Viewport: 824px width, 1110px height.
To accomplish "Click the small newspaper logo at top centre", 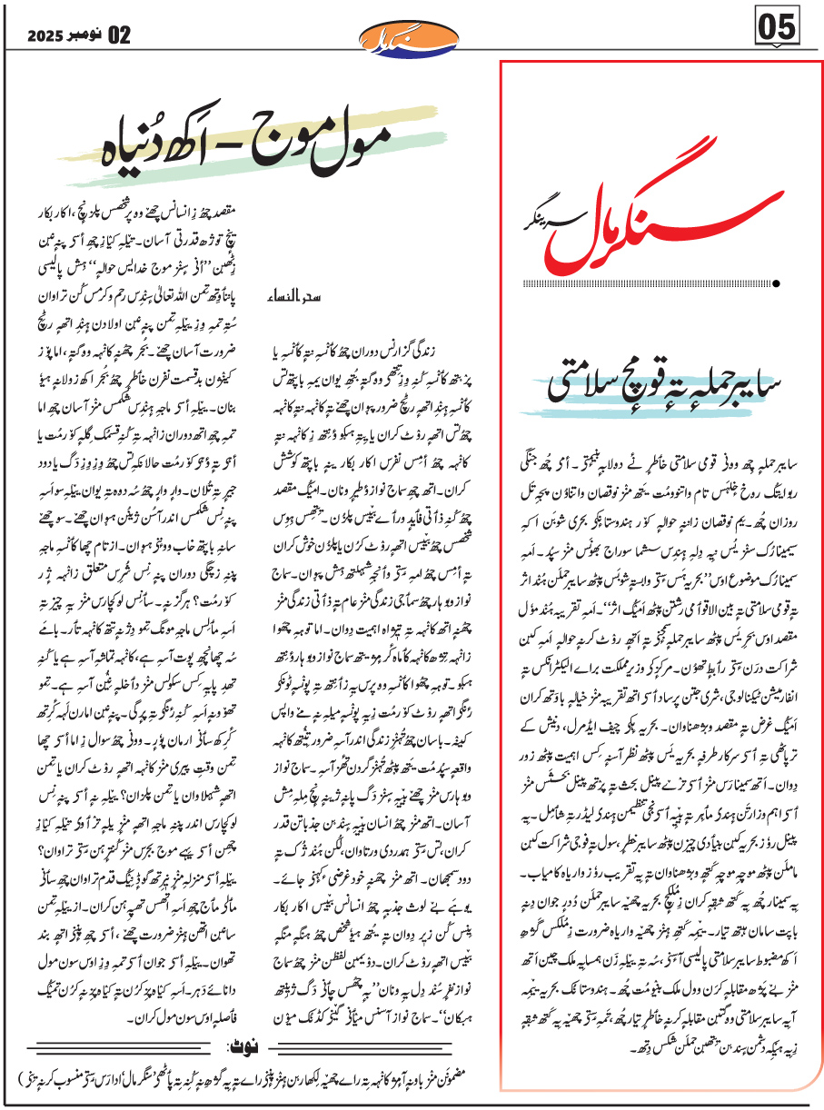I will pos(411,36).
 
